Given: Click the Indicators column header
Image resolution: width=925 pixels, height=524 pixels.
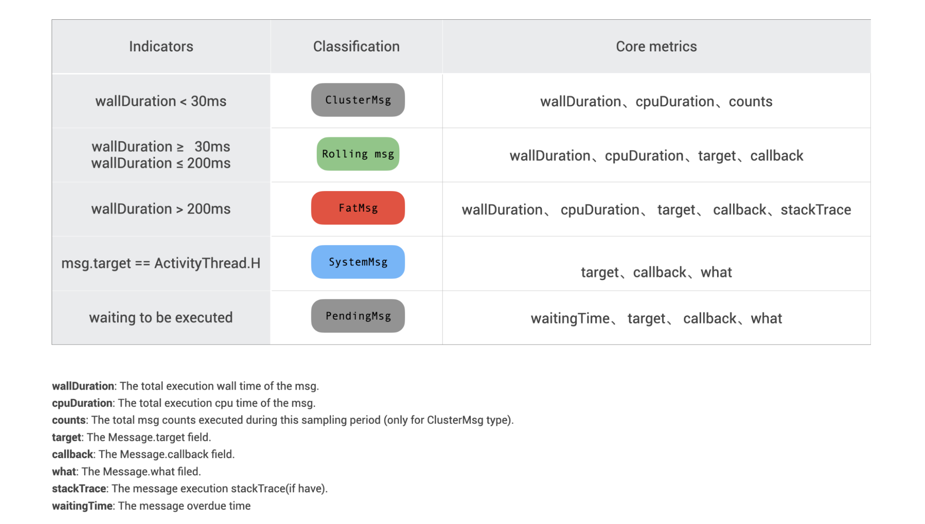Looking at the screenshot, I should [161, 46].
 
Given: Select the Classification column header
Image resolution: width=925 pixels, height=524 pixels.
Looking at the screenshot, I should [356, 46].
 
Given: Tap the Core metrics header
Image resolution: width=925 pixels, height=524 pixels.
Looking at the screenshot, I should [656, 46].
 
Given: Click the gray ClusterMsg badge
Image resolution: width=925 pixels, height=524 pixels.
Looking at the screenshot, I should [358, 100].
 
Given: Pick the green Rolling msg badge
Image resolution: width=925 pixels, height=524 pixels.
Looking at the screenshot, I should [358, 154].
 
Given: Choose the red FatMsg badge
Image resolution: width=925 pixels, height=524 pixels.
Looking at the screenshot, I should [358, 208].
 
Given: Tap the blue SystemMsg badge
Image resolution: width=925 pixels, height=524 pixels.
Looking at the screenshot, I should [358, 262].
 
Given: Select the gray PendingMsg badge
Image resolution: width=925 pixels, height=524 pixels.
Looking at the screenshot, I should [358, 316].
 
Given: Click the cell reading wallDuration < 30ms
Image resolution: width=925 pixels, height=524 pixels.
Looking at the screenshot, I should [161, 101].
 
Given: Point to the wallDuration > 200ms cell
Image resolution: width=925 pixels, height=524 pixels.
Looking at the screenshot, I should [161, 209].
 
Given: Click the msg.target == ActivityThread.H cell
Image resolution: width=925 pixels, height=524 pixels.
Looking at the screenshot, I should [161, 263].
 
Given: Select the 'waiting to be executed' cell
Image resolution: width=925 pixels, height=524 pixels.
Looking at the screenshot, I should [161, 317].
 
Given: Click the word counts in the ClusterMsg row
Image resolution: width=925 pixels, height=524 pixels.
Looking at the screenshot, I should [750, 102].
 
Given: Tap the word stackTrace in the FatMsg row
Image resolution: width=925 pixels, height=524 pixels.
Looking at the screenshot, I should [816, 210].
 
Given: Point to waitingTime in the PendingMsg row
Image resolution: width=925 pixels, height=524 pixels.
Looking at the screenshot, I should [570, 319].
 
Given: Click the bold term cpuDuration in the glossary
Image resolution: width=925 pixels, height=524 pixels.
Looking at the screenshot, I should [82, 403].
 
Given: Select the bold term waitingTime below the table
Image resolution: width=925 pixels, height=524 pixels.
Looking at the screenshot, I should [82, 506].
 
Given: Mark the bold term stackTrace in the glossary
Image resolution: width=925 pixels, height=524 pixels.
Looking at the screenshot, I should [79, 489].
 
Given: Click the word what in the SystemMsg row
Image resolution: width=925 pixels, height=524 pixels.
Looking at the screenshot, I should [716, 272].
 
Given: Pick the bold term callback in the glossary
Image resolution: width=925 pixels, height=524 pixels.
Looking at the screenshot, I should [72, 454].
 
